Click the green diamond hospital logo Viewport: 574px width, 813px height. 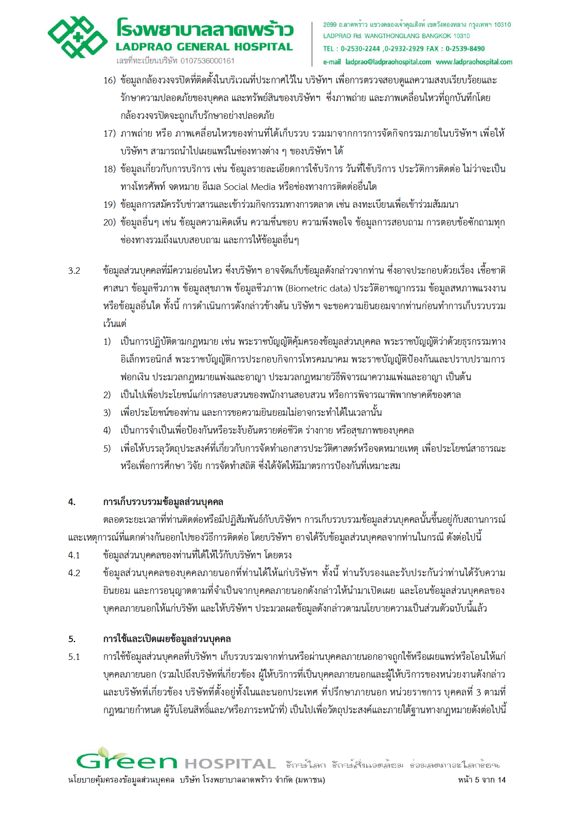pyautogui.click(x=77, y=38)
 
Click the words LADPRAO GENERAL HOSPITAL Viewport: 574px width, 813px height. pyautogui.click(x=204, y=47)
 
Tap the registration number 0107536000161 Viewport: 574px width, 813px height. pyautogui.click(x=207, y=61)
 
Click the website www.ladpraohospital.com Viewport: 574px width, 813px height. pyautogui.click(x=474, y=62)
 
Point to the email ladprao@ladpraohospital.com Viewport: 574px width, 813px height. pyautogui.click(x=388, y=62)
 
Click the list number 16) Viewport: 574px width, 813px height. pyautogui.click(x=109, y=80)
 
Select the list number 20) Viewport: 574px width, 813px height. pyautogui.click(x=109, y=222)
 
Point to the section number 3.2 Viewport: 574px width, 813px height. pyautogui.click(x=74, y=271)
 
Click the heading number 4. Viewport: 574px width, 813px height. pyautogui.click(x=72, y=502)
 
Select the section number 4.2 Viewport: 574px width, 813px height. pyautogui.click(x=74, y=573)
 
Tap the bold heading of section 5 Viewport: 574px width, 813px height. pyautogui.click(x=167, y=639)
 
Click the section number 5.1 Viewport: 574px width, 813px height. pyautogui.click(x=74, y=657)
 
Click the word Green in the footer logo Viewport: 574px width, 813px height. pyautogui.click(x=126, y=761)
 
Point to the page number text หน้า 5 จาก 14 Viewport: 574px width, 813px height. pyautogui.click(x=481, y=780)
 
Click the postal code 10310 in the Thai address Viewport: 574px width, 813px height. pyautogui.click(x=502, y=25)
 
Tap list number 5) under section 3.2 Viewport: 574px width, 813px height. pyautogui.click(x=107, y=448)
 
